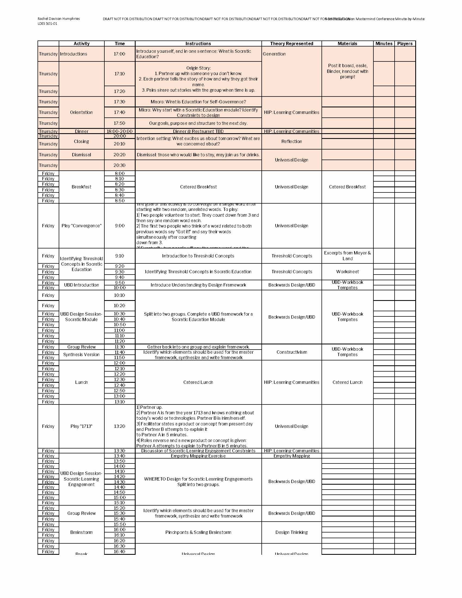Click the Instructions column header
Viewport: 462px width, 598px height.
198,43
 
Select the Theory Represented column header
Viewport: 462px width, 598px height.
292,43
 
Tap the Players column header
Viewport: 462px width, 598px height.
405,43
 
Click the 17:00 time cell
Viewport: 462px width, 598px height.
120,54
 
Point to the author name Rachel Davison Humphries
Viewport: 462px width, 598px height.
59,18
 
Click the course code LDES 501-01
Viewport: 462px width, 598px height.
48,24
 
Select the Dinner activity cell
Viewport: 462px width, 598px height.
82,132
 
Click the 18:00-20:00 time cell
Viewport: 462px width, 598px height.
120,132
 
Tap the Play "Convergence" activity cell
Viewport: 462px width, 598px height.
82,226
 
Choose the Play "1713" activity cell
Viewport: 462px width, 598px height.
82,426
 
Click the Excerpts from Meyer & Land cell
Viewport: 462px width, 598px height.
347,256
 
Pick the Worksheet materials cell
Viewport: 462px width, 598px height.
347,272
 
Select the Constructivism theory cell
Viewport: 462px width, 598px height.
292,352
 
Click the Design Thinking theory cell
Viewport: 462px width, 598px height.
292,532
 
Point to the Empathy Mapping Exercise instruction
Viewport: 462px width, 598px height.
198,456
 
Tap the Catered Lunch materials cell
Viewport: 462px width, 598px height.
347,382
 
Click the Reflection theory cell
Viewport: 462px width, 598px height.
292,141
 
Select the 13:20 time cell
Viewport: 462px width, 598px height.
120,426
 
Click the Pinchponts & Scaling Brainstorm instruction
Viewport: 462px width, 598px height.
198,532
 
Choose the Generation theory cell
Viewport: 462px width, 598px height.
274,54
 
